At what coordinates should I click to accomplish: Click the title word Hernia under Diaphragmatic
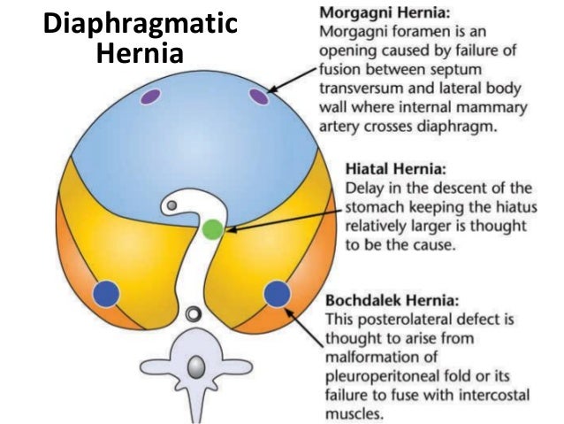[x=139, y=54]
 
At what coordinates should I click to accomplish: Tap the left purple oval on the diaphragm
[x=149, y=95]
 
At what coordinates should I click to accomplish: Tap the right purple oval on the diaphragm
[x=258, y=96]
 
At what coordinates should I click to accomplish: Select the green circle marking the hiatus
[x=211, y=230]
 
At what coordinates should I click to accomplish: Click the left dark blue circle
[x=106, y=292]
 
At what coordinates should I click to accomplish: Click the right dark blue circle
[x=277, y=292]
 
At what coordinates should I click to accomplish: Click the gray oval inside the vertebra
[x=194, y=366]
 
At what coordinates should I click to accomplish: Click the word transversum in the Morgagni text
[x=363, y=89]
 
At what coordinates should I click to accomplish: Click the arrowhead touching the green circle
[x=226, y=229]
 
